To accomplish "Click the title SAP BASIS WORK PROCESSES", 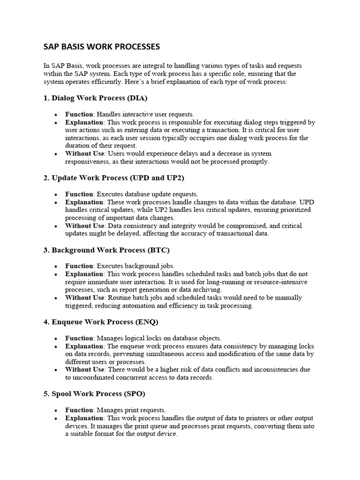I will (x=101, y=47).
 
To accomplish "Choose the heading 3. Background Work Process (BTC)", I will (x=106, y=250).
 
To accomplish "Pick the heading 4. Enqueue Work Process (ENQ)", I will (x=101, y=322).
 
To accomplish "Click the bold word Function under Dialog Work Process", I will (x=79, y=114).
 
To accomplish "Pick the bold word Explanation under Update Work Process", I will (x=84, y=202).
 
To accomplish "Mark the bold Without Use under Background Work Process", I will (x=85, y=298).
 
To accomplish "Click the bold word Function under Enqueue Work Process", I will (x=79, y=338).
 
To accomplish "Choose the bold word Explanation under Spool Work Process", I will (x=84, y=418).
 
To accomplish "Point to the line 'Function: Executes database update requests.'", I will (x=132, y=194).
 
